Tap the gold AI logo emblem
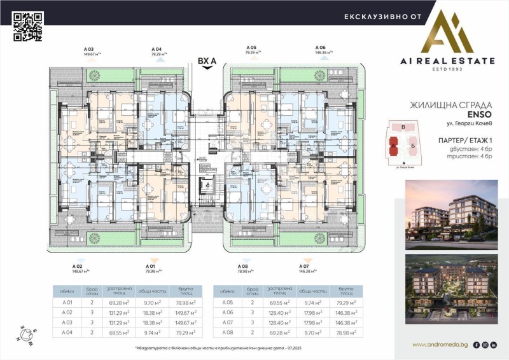click(454, 31)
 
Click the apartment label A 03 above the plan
click(88, 49)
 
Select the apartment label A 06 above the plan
click(321, 48)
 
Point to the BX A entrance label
click(207, 61)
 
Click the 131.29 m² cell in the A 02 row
click(120, 313)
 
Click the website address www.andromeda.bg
click(440, 345)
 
